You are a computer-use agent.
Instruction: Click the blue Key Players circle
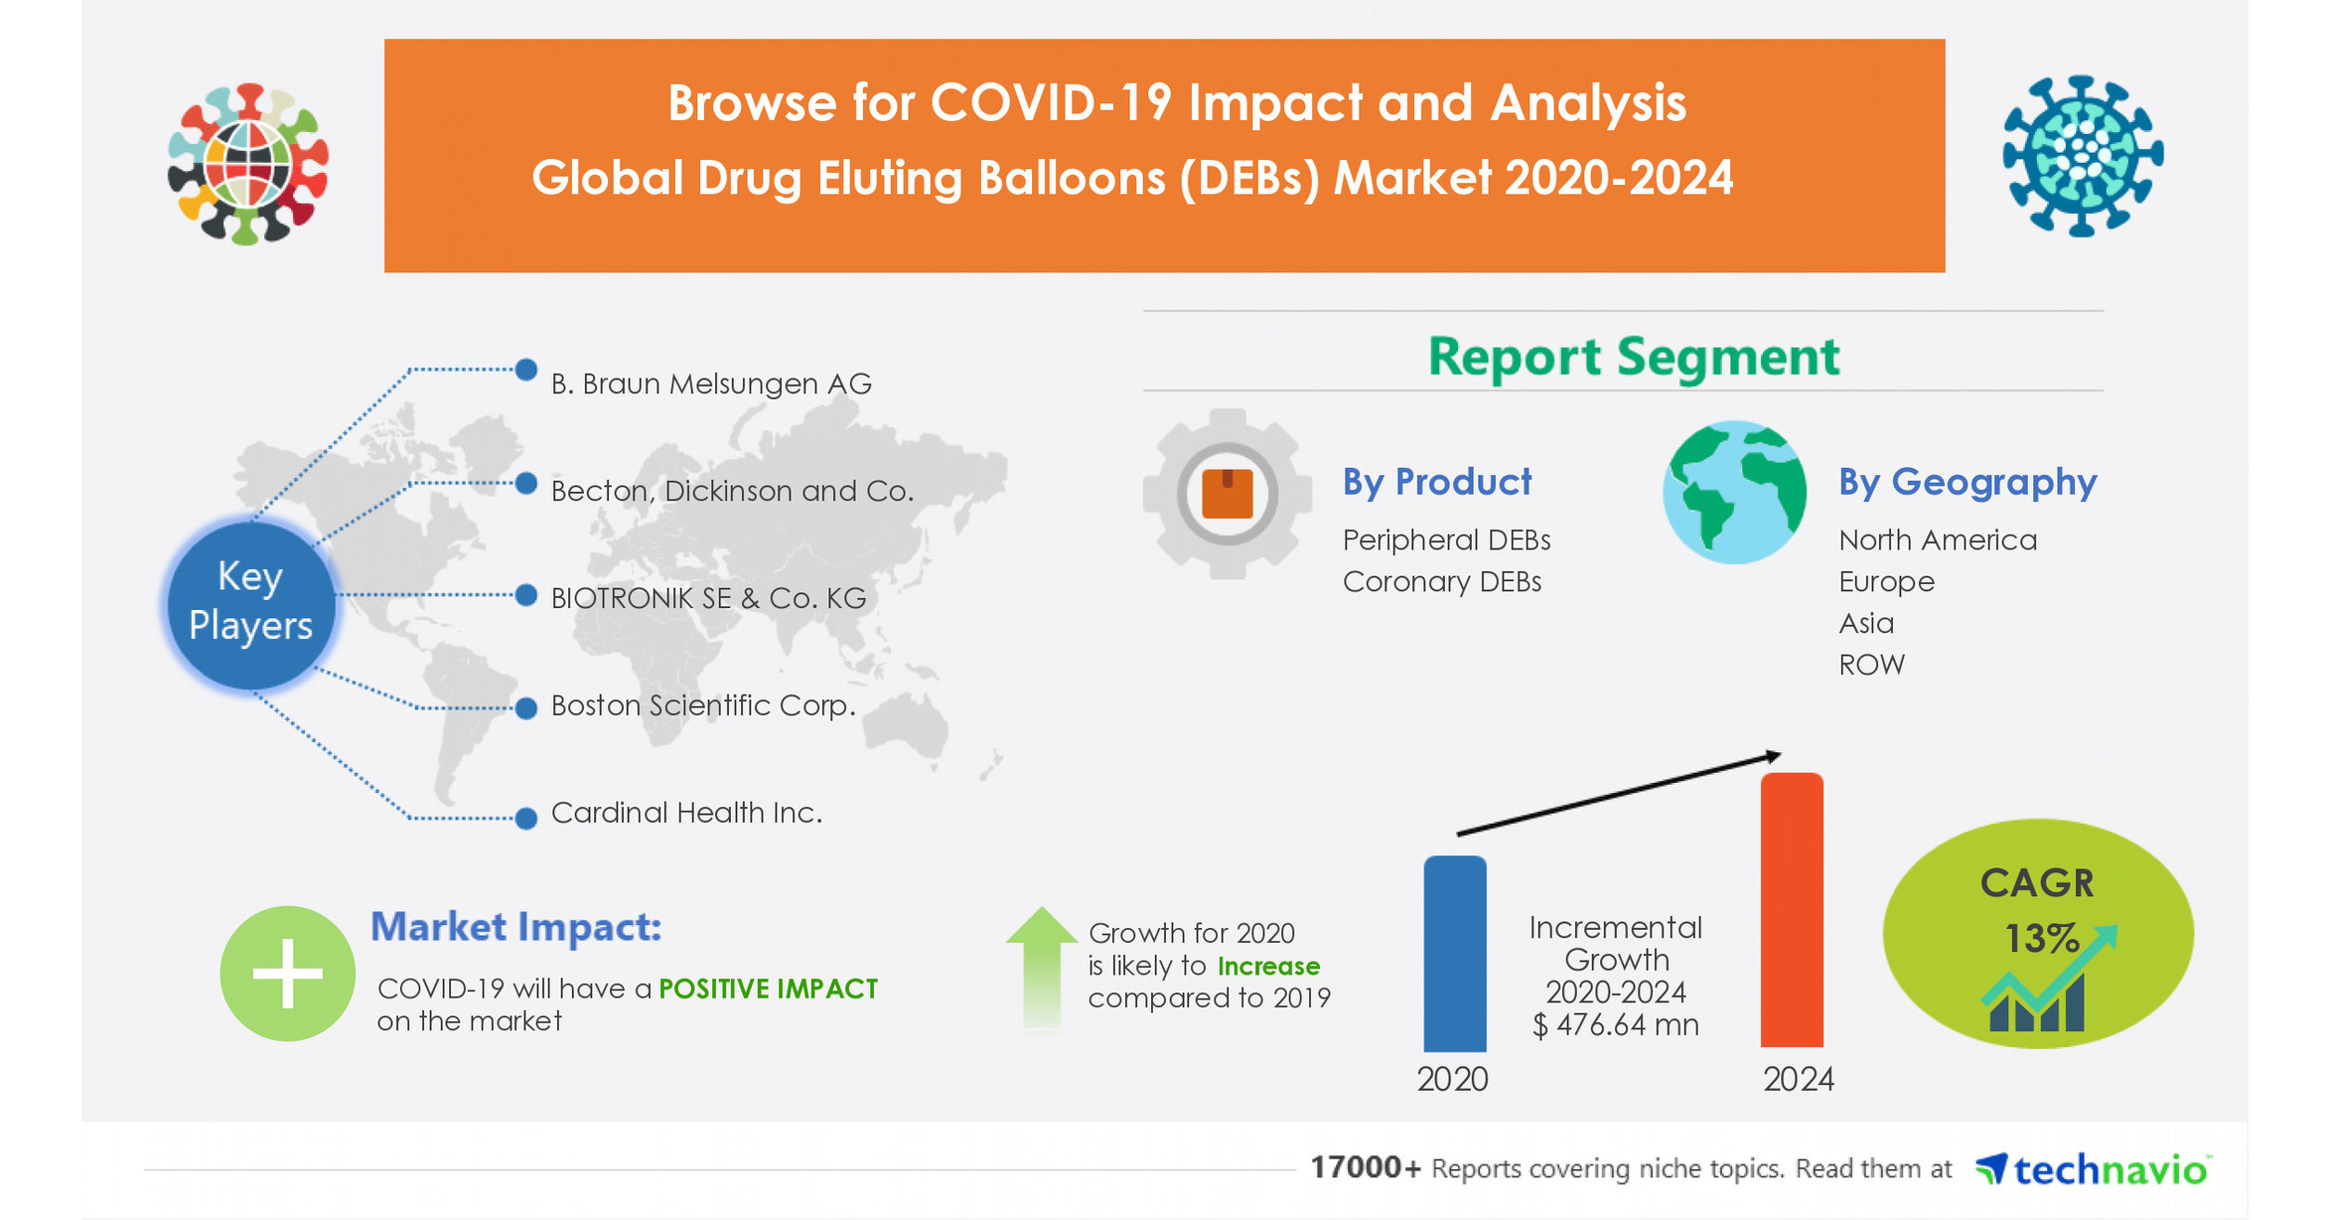[250, 602]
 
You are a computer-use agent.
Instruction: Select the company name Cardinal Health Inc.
[686, 813]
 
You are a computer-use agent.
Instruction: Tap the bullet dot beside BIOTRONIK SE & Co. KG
[526, 596]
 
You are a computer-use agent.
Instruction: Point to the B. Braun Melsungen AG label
[711, 383]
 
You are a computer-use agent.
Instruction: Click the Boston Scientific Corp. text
[702, 705]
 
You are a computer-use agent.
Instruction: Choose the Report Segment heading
[1633, 356]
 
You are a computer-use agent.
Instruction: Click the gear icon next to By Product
[1228, 493]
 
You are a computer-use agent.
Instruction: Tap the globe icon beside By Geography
[1734, 493]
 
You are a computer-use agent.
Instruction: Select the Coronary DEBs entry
[1441, 581]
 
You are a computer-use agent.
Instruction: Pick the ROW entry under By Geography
[1871, 665]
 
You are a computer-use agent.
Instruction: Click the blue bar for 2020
[1454, 954]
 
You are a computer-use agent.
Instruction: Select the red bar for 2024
[1792, 909]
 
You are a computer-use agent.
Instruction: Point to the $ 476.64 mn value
[1615, 1025]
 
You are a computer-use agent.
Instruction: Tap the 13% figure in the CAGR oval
[2040, 938]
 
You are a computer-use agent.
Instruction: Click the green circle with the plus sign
[287, 974]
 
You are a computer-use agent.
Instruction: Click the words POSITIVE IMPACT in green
[768, 989]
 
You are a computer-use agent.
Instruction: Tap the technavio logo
[2092, 1169]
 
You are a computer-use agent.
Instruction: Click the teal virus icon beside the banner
[2082, 156]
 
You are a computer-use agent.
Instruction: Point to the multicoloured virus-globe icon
[248, 164]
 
